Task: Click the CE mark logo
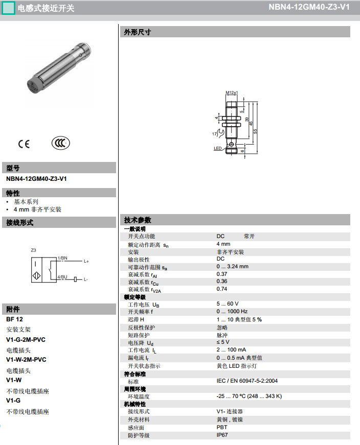click(24, 144)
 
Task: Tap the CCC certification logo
click(61, 143)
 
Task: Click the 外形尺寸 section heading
click(138, 32)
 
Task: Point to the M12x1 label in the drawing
click(232, 92)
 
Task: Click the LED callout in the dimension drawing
click(217, 148)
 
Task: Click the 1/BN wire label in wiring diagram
click(62, 259)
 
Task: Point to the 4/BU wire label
click(62, 276)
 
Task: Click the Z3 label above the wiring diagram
click(34, 250)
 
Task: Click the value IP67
click(222, 435)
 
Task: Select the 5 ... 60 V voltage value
click(228, 304)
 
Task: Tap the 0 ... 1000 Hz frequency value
click(232, 311)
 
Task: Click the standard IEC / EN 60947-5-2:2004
click(247, 381)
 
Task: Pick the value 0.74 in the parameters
click(222, 289)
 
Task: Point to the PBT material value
click(222, 427)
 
